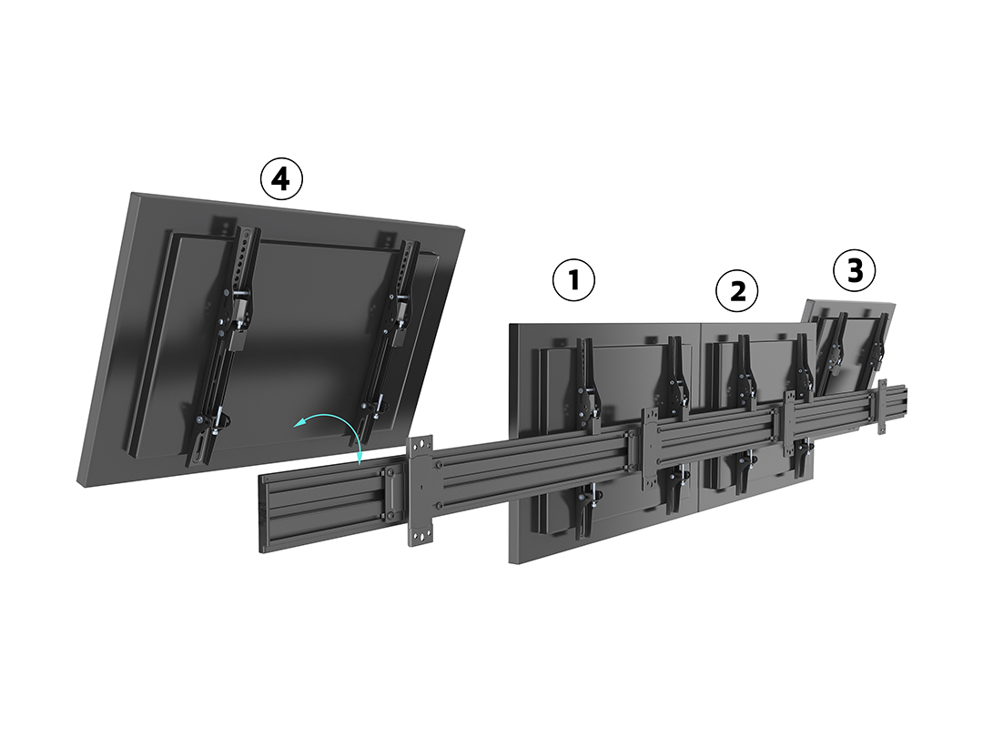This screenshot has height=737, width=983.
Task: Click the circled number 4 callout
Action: (x=281, y=179)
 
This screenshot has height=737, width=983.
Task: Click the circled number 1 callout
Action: (x=573, y=280)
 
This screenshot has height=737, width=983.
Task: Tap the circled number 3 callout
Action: (x=854, y=270)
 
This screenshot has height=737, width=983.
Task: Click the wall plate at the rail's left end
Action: (x=420, y=491)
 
